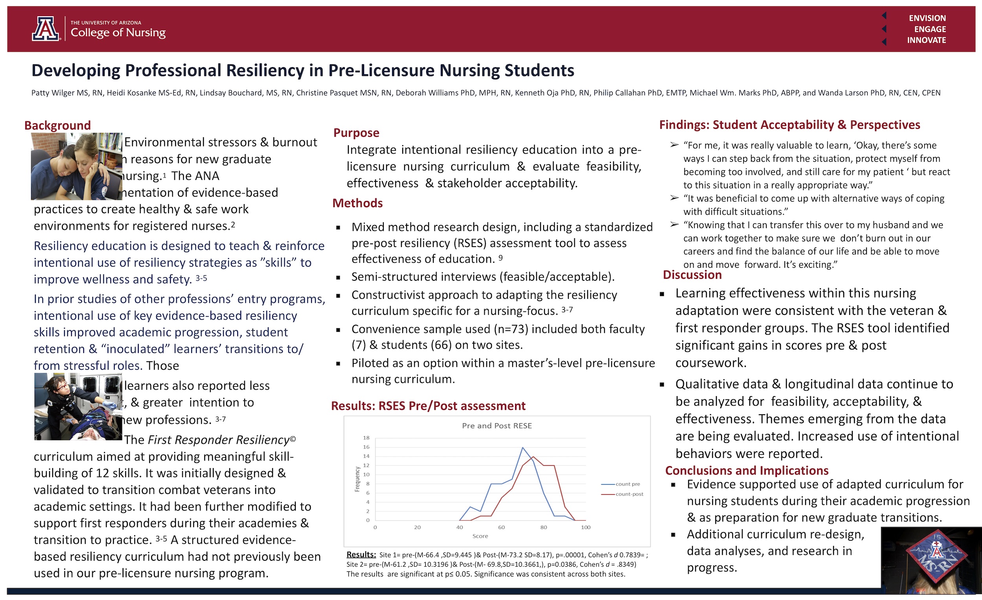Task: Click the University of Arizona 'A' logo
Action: click(46, 29)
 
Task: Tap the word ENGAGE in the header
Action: click(930, 29)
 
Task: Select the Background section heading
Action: click(57, 126)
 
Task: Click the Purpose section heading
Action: click(356, 133)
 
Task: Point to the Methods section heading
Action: click(357, 203)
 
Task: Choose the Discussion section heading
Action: click(692, 275)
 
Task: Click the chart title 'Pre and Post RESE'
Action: click(496, 426)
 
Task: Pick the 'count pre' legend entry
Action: click(627, 484)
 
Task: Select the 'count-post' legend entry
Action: click(629, 494)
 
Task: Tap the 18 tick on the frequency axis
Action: click(366, 438)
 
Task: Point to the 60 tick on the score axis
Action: click(501, 527)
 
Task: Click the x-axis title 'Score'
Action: click(480, 536)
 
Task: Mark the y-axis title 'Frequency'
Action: click(357, 479)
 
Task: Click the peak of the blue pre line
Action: click(522, 447)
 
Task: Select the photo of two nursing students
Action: click(77, 166)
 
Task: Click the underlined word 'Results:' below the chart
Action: click(361, 554)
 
